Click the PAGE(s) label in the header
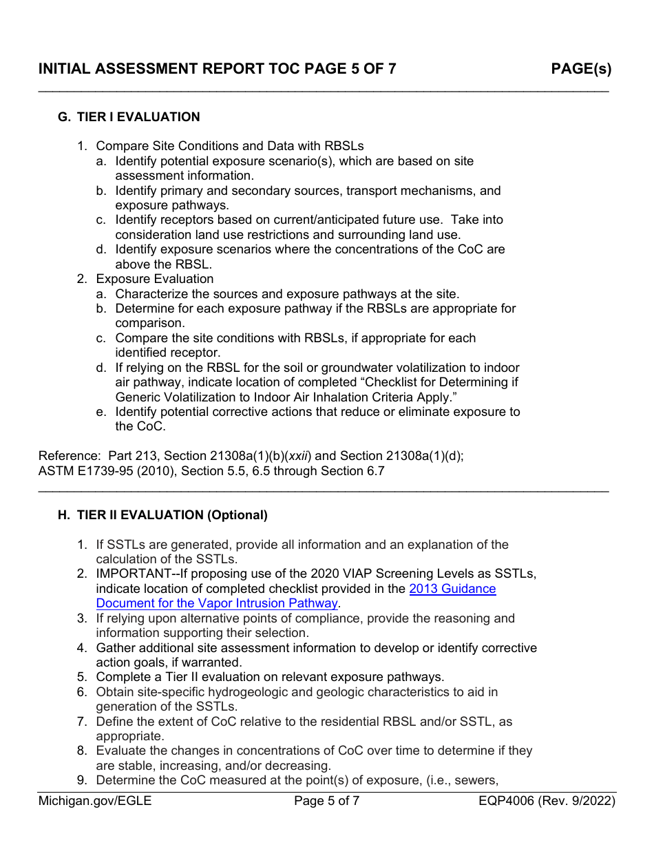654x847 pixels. (x=580, y=69)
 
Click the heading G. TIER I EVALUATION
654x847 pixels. (x=129, y=117)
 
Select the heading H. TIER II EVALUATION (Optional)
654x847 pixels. (x=162, y=515)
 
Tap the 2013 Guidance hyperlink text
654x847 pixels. (x=452, y=589)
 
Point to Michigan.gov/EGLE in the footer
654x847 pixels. (x=95, y=801)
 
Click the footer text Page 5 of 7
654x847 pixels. (x=326, y=801)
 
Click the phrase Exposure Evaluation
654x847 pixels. (x=155, y=279)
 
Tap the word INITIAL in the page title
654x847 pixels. (x=63, y=69)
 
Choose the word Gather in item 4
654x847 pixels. (x=116, y=648)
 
